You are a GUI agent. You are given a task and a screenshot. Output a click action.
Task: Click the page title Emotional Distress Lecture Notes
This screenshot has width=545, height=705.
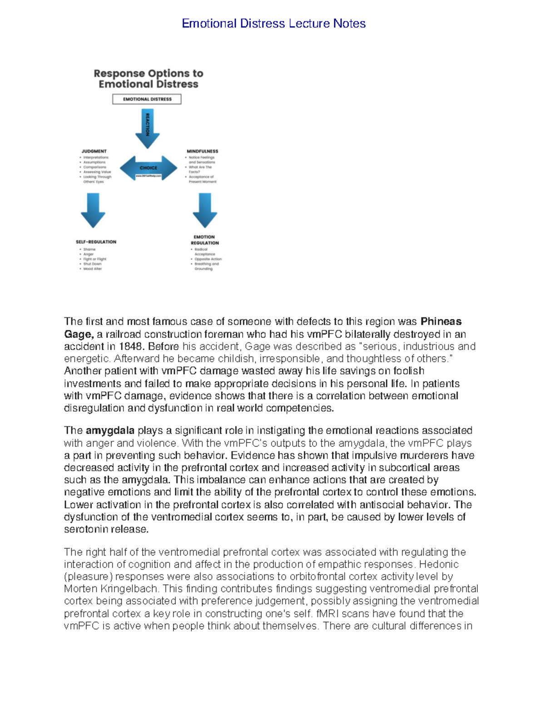273,24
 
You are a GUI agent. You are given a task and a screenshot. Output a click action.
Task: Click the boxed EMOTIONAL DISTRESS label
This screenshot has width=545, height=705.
147,99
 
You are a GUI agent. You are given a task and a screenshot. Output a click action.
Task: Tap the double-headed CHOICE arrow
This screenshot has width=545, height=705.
149,168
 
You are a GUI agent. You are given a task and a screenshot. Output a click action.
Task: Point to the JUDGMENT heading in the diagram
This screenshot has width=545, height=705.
94,151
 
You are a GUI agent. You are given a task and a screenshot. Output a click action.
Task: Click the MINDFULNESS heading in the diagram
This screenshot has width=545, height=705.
203,151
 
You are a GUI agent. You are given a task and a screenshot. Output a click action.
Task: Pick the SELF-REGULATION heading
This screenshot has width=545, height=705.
96,242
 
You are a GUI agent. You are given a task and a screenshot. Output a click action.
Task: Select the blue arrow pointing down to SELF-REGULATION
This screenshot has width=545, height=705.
93,210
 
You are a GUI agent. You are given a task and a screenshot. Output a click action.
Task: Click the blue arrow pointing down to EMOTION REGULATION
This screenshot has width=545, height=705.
205,210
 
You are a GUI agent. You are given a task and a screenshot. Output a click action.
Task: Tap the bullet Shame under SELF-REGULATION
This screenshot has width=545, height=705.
89,249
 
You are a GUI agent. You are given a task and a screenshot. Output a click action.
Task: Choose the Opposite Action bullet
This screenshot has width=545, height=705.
208,259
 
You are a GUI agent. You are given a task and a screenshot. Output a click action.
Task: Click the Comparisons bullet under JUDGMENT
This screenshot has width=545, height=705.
94,167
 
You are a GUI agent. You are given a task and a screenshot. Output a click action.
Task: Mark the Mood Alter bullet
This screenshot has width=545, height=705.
93,269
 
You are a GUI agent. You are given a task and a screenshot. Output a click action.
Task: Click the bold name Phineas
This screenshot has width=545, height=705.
441,322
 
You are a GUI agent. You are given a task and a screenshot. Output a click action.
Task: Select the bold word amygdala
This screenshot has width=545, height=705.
110,430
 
